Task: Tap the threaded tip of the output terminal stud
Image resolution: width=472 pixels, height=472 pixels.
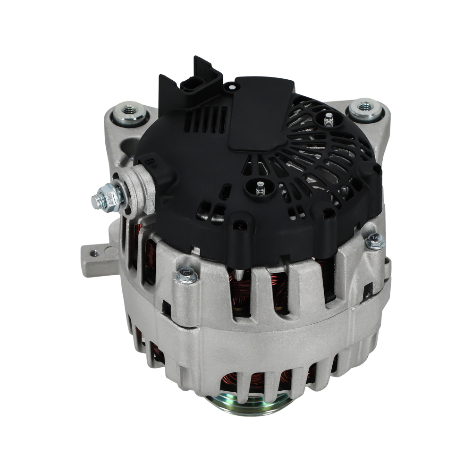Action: (98, 201)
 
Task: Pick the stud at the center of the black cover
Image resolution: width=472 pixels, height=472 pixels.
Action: (259, 188)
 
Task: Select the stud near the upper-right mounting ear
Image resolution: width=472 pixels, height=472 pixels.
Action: (329, 119)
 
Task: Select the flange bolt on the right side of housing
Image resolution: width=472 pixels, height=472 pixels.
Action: (375, 241)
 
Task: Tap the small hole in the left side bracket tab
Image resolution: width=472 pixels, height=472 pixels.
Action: (95, 253)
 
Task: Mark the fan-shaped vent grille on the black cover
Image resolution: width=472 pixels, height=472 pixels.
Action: (326, 156)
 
